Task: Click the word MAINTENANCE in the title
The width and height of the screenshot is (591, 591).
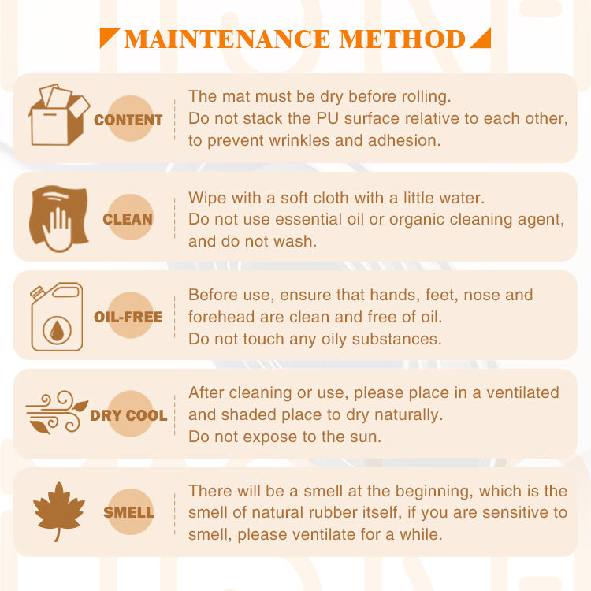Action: [x=227, y=39]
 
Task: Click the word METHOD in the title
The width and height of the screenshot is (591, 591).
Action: [x=402, y=39]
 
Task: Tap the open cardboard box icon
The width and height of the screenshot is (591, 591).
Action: [x=59, y=115]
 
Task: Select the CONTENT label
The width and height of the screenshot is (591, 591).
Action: [x=128, y=120]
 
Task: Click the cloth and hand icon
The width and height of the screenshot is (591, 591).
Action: [x=59, y=218]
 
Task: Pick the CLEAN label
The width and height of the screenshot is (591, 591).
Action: [x=128, y=219]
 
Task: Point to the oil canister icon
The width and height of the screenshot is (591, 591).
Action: [x=57, y=317]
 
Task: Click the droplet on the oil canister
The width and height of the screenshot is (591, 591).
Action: [x=57, y=331]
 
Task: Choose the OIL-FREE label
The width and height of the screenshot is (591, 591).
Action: [x=128, y=317]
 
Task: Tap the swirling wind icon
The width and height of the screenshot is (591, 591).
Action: [x=57, y=412]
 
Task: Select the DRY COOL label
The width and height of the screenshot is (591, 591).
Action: [x=128, y=415]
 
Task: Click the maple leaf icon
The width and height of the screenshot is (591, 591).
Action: [x=59, y=511]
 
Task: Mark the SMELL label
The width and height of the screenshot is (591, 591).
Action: [x=129, y=513]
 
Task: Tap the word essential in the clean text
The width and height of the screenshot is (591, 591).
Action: [x=308, y=219]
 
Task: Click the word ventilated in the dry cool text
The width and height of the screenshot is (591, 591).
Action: [x=522, y=392]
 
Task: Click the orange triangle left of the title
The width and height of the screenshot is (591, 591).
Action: [x=110, y=38]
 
